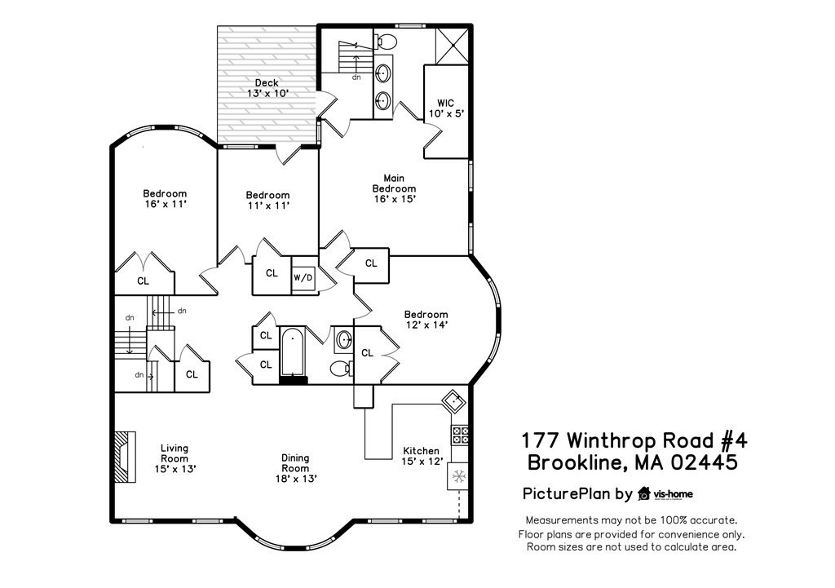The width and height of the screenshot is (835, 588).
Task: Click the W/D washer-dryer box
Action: [x=303, y=277]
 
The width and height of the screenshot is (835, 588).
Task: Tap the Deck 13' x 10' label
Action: [x=267, y=88]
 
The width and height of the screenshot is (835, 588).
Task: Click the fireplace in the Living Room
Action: [x=121, y=458]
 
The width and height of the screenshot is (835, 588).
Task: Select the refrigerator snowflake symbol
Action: [x=458, y=475]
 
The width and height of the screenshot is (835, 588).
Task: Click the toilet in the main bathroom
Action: [x=386, y=41]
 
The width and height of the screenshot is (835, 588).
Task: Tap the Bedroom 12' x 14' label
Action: [x=426, y=320]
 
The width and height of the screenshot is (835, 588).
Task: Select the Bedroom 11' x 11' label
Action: [x=267, y=201]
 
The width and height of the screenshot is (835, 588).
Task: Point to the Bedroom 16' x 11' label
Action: [x=165, y=199]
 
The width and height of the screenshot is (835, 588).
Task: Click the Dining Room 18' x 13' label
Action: [x=294, y=468]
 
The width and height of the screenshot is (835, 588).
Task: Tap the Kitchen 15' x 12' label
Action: [x=422, y=456]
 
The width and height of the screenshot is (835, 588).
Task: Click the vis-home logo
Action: [x=665, y=493]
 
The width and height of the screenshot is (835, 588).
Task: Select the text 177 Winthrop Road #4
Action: [x=633, y=441]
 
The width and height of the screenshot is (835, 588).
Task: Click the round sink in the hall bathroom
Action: [x=344, y=339]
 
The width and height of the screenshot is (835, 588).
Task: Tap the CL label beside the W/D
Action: [x=272, y=274]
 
